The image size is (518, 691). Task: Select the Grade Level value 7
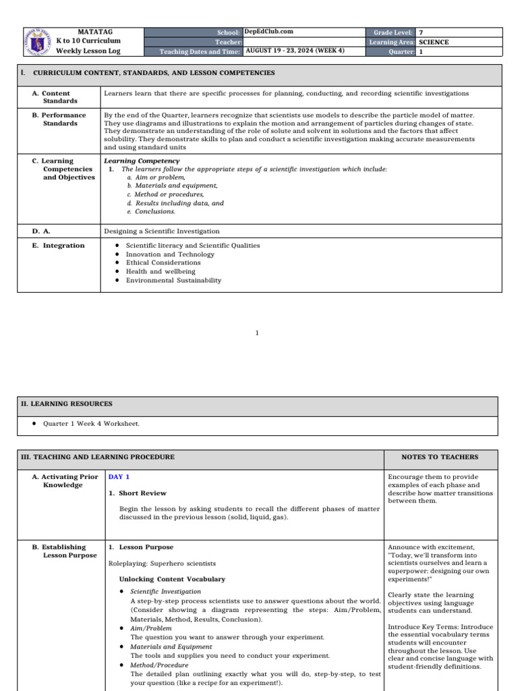[x=421, y=32]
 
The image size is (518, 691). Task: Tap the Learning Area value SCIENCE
[x=434, y=42]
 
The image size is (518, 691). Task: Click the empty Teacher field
[x=304, y=42]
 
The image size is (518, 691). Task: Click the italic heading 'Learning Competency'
[x=142, y=161]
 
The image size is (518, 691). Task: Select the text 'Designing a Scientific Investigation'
[x=162, y=231]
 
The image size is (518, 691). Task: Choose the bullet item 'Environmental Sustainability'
[x=173, y=280]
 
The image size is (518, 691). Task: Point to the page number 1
[x=257, y=333]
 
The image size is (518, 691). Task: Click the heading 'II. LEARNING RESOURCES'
[x=65, y=404]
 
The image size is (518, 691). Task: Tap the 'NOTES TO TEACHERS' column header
[x=440, y=457]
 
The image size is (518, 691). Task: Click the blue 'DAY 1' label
[x=119, y=476]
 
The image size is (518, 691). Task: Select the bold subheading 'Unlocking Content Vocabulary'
[x=172, y=579]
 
